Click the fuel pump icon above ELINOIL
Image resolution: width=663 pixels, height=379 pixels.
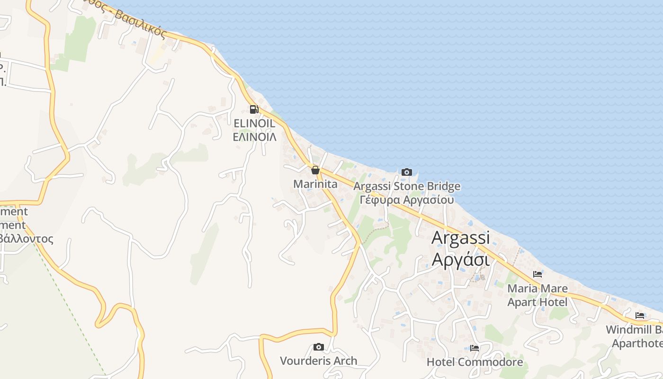[254, 109]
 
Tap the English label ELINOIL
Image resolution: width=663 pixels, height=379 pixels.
[254, 123]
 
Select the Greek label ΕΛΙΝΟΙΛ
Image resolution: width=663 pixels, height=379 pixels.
[254, 137]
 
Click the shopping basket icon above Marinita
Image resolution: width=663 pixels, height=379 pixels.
[315, 170]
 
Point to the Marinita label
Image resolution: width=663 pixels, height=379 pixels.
[315, 184]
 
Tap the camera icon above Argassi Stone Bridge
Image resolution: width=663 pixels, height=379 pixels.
[407, 172]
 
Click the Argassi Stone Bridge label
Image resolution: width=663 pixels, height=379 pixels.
[407, 186]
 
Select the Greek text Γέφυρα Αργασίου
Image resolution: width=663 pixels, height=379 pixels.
[407, 199]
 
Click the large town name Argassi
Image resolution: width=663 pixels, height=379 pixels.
[460, 238]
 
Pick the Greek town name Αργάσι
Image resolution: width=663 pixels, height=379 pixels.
[460, 260]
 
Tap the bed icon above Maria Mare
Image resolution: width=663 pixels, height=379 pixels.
[538, 274]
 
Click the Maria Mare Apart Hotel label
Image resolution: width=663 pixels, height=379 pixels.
[538, 295]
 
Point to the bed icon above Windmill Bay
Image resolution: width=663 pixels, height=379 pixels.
[640, 316]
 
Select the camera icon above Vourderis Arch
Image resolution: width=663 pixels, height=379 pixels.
[319, 347]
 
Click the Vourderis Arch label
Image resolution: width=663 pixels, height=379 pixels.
[319, 361]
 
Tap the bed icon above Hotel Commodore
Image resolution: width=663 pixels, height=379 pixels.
[475, 348]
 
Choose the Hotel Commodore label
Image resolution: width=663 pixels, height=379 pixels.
[475, 362]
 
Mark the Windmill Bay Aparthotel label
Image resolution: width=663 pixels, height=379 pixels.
[635, 336]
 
